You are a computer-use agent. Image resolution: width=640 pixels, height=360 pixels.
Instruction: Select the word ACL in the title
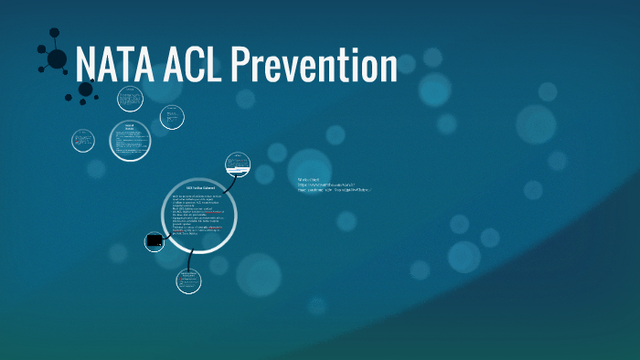tap(190, 67)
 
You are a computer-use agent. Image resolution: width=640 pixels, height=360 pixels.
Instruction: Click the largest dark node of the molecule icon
tap(57, 59)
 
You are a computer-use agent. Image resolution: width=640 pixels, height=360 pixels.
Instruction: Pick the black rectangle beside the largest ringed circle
tap(155, 241)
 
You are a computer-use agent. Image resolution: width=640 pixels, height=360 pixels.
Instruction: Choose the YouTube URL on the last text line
tap(333, 192)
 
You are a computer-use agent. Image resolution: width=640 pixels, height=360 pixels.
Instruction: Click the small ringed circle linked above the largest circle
tap(237, 165)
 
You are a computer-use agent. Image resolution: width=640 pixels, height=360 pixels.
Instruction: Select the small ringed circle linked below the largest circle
tap(188, 280)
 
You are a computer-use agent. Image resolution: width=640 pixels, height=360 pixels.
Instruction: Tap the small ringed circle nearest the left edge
tap(83, 141)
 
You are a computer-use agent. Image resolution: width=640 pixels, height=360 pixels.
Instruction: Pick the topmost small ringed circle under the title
tap(130, 97)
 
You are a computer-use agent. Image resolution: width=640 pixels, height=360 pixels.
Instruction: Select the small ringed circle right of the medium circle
tap(171, 117)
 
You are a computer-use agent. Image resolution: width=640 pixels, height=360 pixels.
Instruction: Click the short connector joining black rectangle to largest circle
tap(165, 239)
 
